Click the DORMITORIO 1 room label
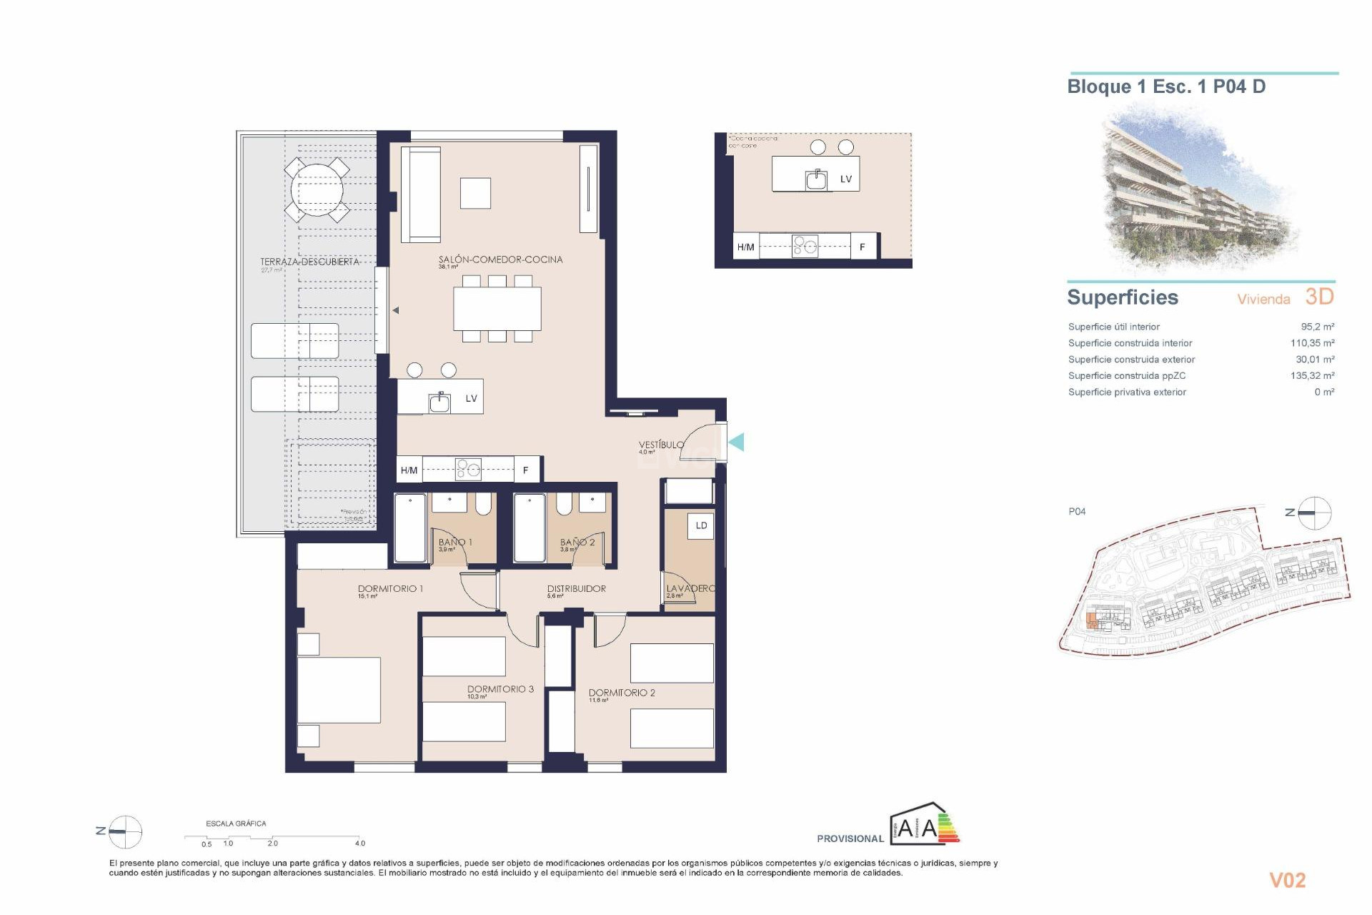[390, 589]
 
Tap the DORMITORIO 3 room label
[500, 689]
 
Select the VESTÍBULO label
[661, 445]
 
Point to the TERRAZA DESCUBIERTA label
[309, 262]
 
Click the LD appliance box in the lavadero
[701, 525]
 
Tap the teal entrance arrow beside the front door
[737, 442]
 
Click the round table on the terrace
[317, 190]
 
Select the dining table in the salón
[497, 309]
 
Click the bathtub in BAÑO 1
[410, 528]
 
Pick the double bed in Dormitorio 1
[339, 691]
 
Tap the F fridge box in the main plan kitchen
[526, 470]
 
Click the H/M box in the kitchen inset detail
[745, 247]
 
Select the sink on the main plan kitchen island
[439, 402]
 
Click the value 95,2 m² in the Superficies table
[1317, 327]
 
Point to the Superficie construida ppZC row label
[1126, 376]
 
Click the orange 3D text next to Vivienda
[1319, 297]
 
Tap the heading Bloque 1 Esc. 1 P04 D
[1166, 87]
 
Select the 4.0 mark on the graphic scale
[360, 844]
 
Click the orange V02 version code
[1287, 881]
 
